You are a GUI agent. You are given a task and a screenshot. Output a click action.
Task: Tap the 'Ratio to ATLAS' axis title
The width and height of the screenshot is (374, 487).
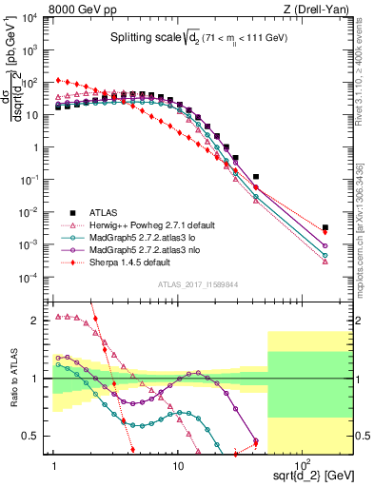(x=12, y=378)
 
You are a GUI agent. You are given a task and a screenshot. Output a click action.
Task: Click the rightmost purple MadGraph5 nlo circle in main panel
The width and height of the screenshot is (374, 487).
(x=325, y=245)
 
